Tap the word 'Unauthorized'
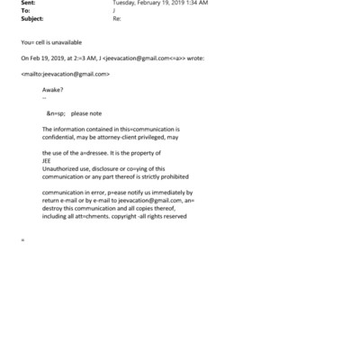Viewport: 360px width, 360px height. point(62,168)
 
